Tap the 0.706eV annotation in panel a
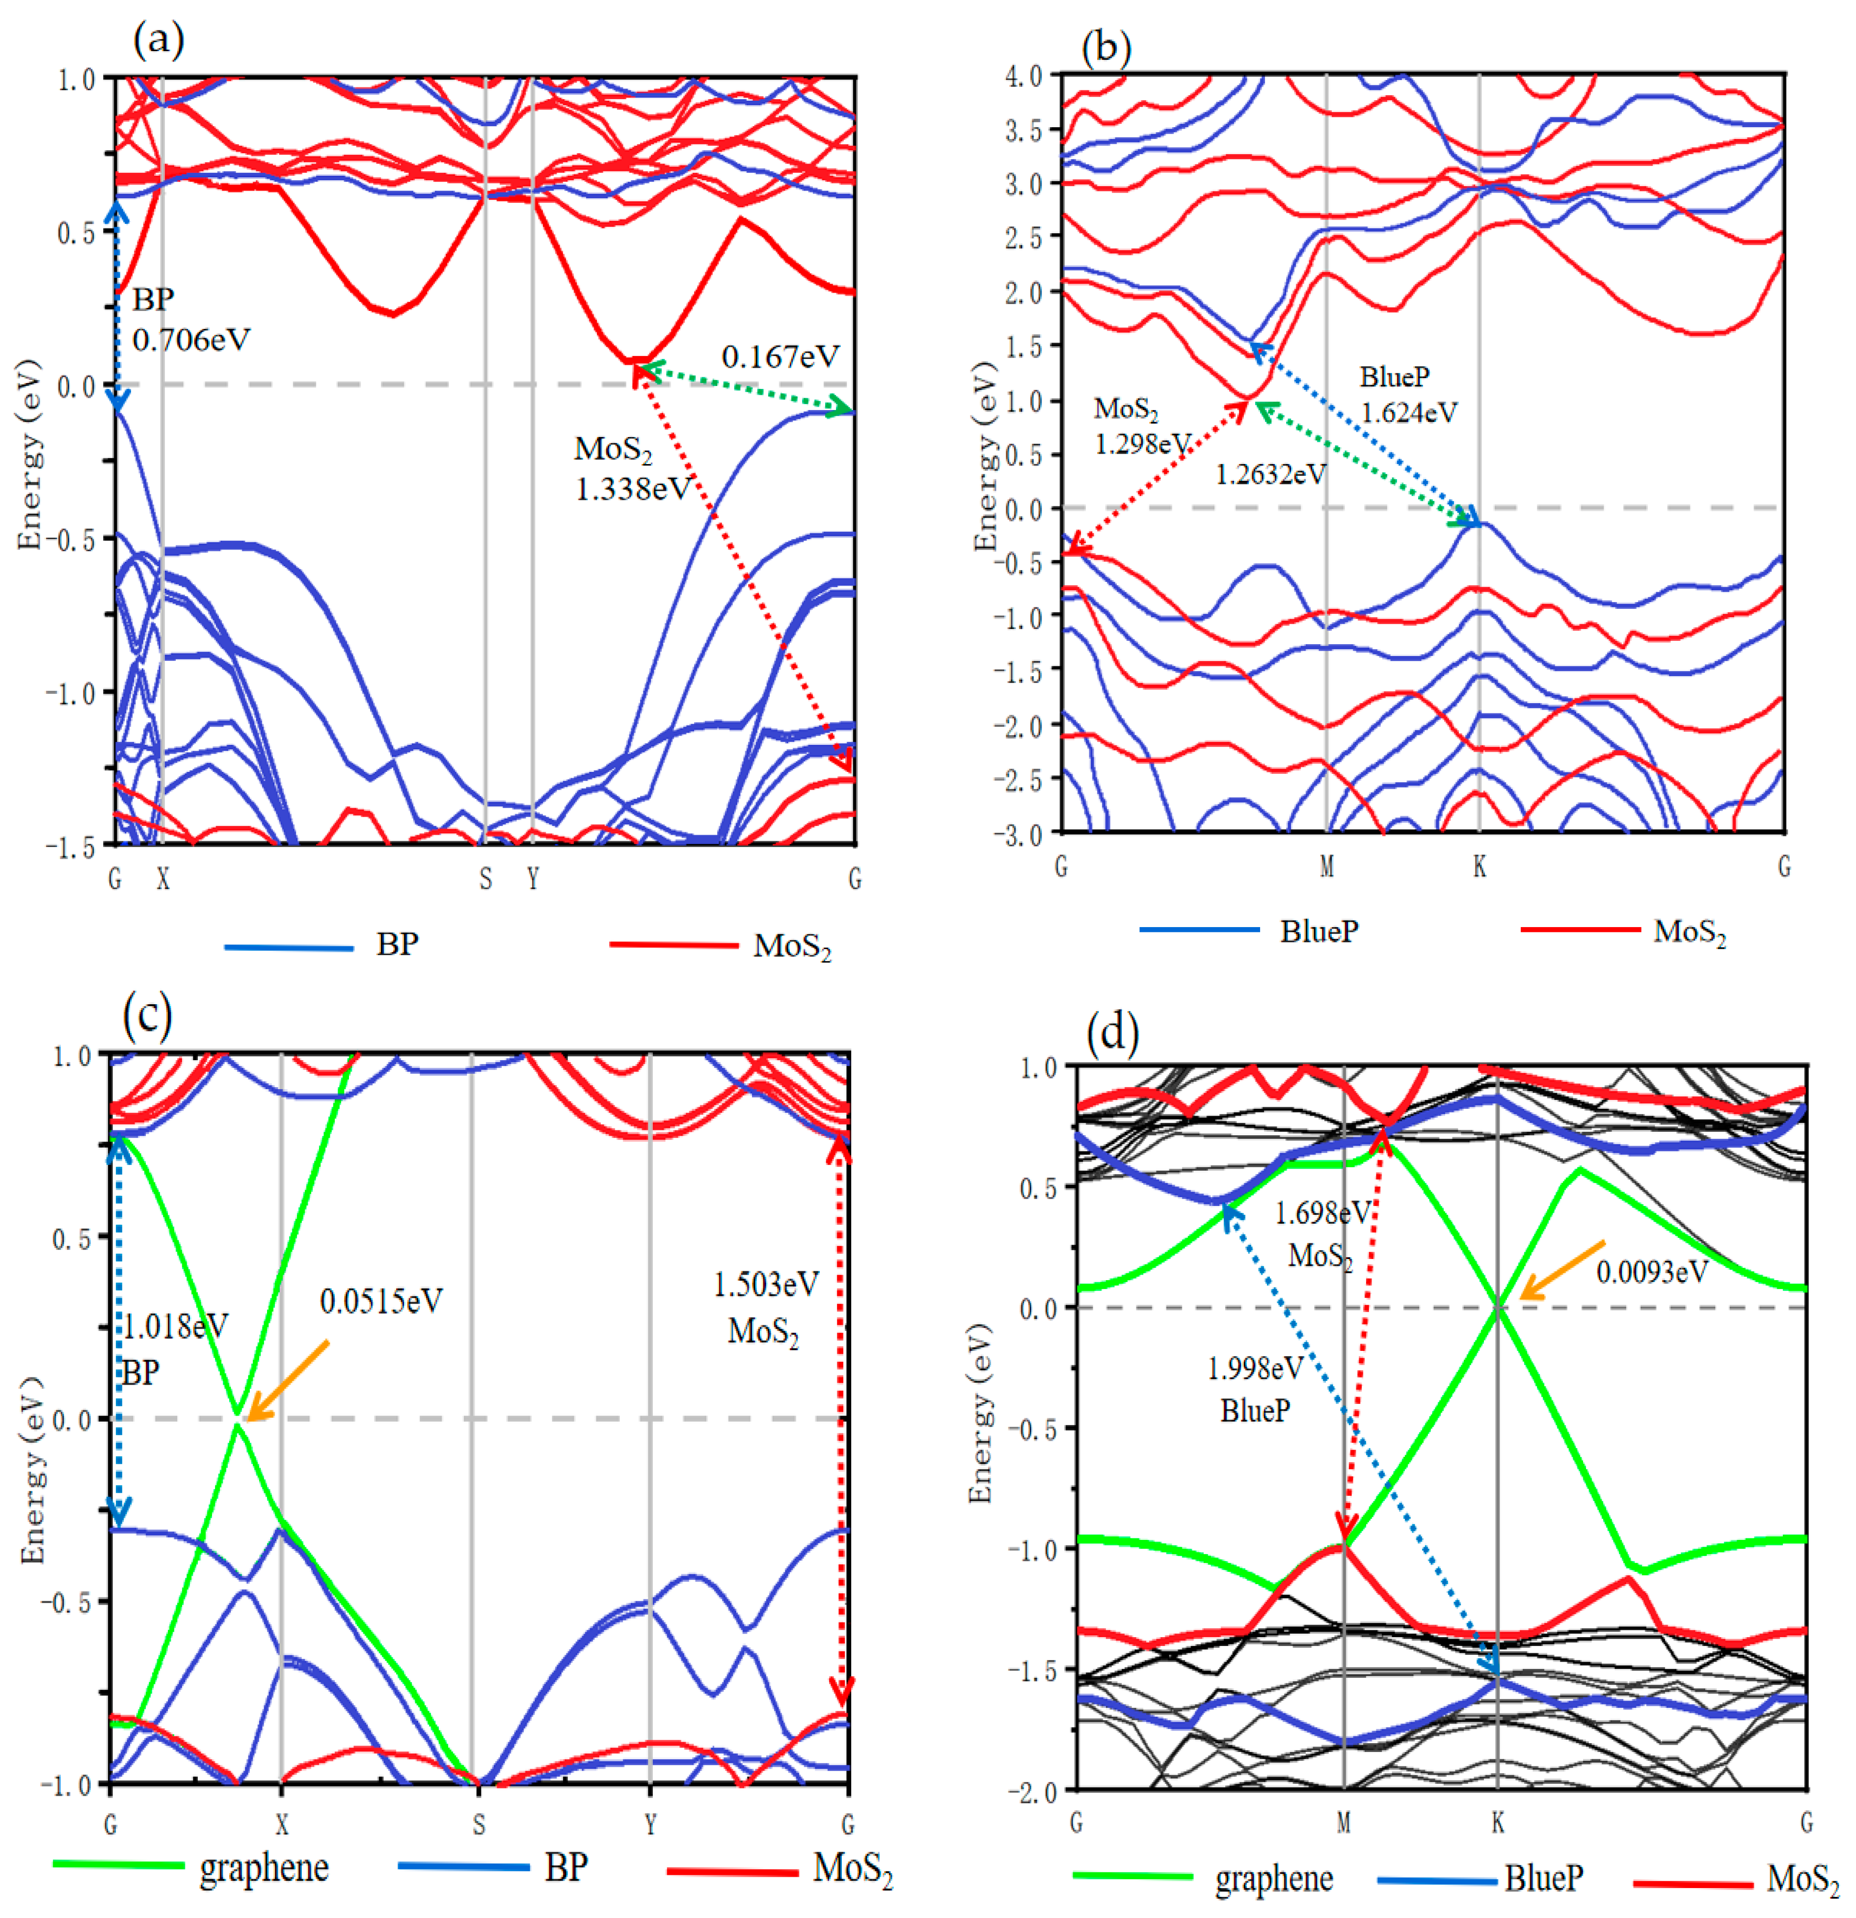point(192,340)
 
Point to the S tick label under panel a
point(485,879)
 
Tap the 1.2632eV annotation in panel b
point(1270,475)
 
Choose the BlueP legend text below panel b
point(1319,931)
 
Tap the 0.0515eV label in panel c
point(380,1301)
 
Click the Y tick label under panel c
point(649,1824)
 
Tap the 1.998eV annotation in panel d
point(1255,1368)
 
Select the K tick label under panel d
point(1497,1822)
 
